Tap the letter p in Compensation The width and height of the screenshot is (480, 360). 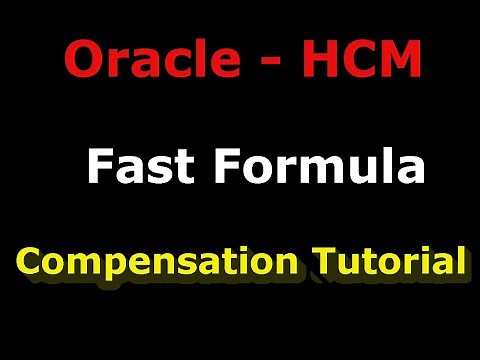(106, 267)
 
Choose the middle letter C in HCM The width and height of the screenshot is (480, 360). (361, 59)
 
